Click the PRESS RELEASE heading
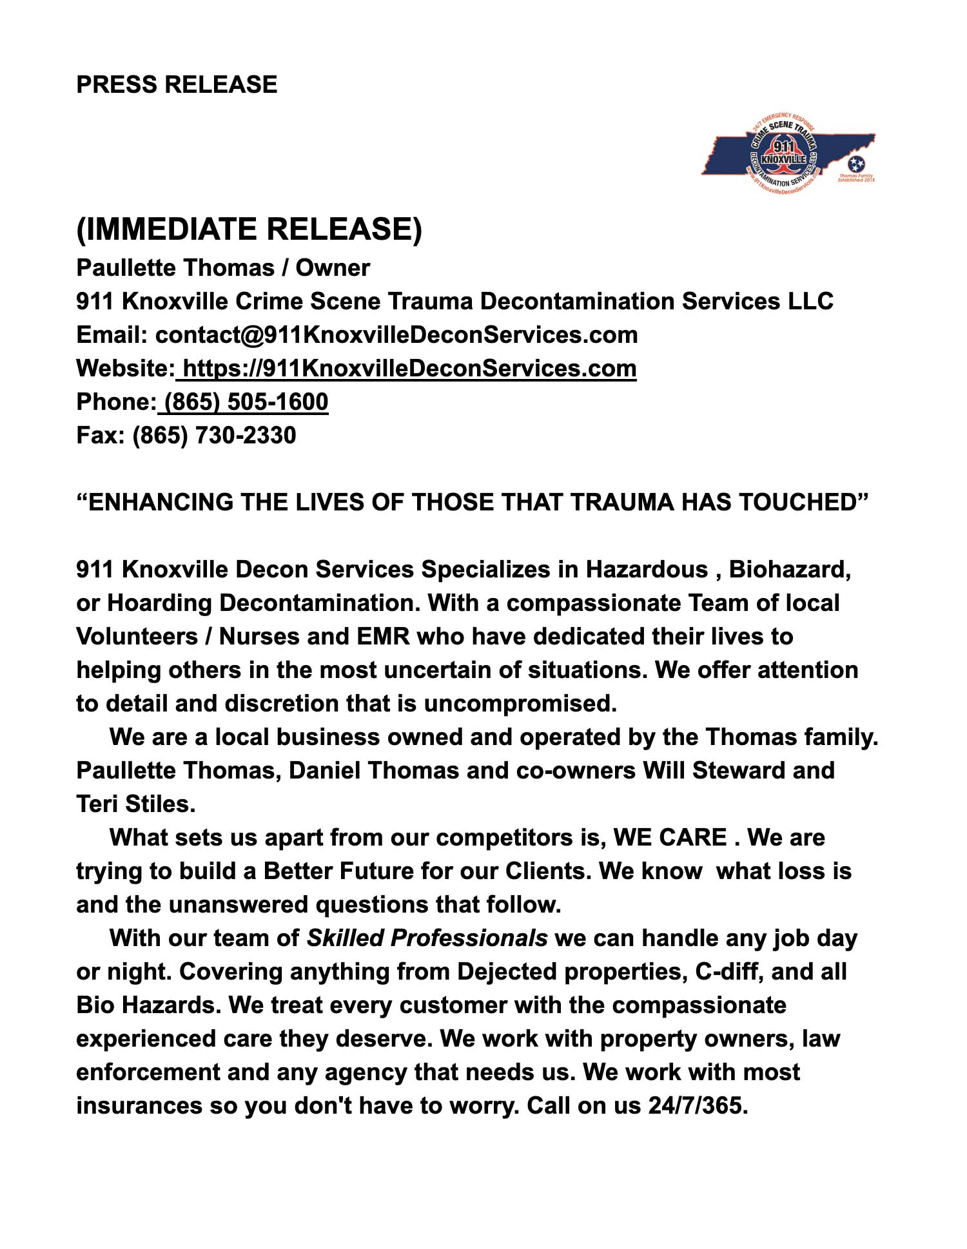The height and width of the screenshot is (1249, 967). coord(177,84)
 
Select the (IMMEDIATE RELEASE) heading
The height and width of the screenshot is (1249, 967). coord(249,229)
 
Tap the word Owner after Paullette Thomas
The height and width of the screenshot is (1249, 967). coord(333,267)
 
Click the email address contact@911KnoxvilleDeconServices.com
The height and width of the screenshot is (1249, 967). coord(396,334)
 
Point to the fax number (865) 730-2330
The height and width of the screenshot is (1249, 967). coord(214,435)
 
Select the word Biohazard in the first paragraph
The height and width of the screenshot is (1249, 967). coord(790,569)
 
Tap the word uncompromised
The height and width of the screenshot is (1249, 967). coord(520,703)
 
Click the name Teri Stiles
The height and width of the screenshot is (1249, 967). coord(135,804)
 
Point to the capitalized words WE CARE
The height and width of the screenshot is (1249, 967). coord(670,837)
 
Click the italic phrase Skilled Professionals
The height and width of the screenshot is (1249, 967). coord(427,938)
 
